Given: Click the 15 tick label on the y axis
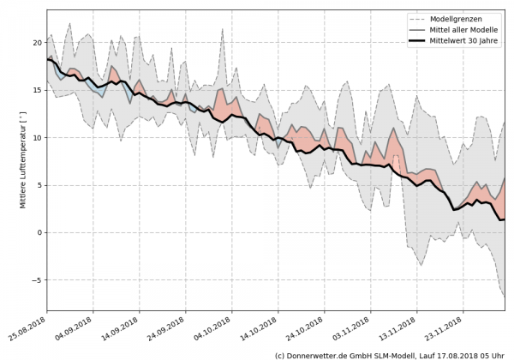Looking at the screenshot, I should pyautogui.click(x=37, y=90).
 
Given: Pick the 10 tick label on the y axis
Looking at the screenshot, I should pyautogui.click(x=37, y=137).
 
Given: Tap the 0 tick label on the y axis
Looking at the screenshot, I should pyautogui.click(x=39, y=232).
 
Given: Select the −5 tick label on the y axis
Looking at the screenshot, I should pyautogui.click(x=37, y=280).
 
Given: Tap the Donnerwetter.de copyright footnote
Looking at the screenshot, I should pyautogui.click(x=390, y=354).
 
